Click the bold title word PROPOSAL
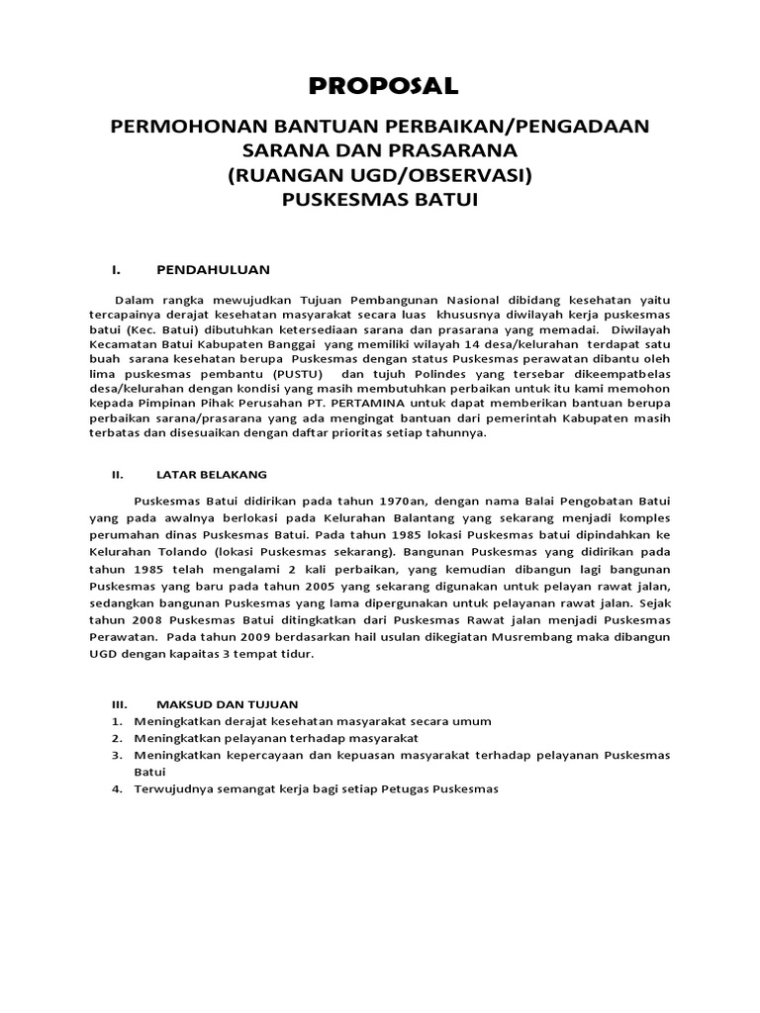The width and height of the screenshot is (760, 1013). pos(383,86)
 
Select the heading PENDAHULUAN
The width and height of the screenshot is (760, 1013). pos(213,269)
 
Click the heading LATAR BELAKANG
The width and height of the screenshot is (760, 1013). pos(211,474)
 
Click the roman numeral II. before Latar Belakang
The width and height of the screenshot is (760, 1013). pos(117,474)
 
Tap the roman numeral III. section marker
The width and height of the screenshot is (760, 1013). pos(119,704)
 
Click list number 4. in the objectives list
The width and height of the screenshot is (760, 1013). pos(117,789)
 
